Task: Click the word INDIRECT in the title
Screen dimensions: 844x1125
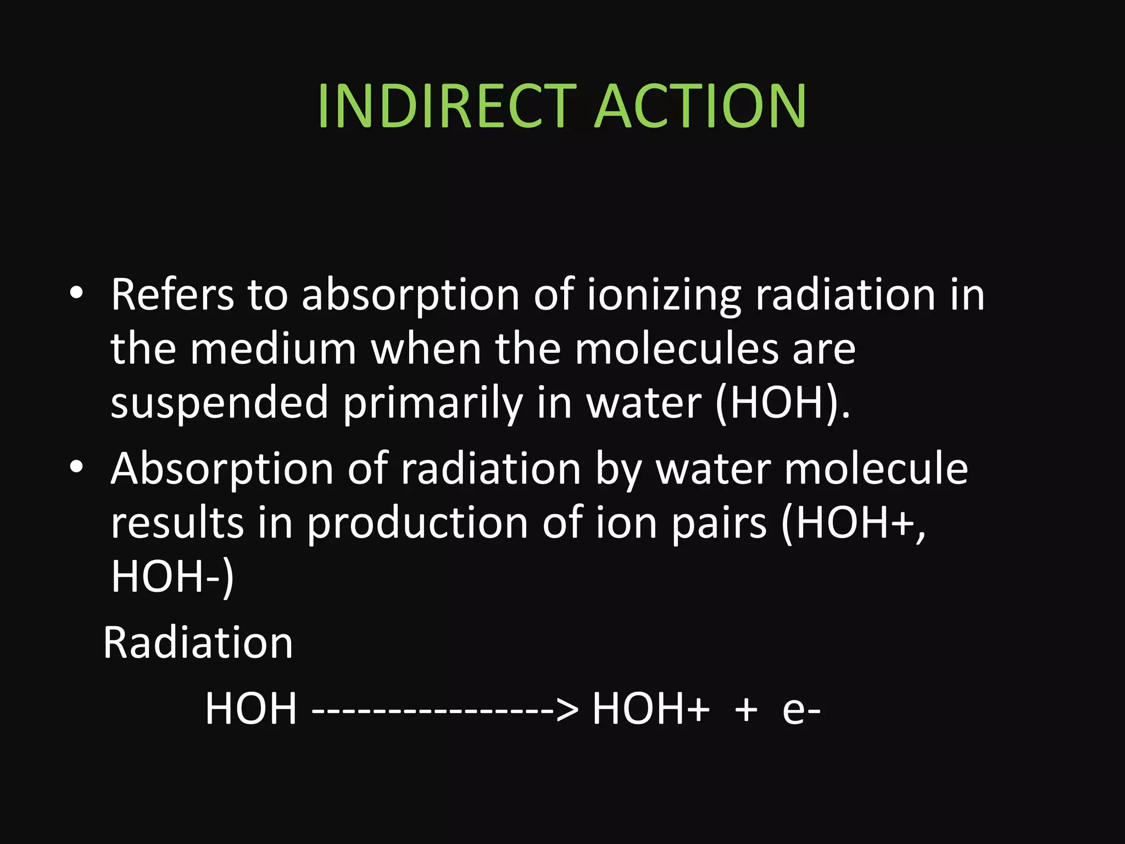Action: pos(446,107)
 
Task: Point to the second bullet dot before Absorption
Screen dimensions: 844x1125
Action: pos(76,467)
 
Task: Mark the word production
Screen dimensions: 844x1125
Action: pos(417,524)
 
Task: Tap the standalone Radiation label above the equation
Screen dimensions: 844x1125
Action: pos(198,642)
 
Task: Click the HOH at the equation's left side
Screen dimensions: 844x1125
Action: pos(251,708)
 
